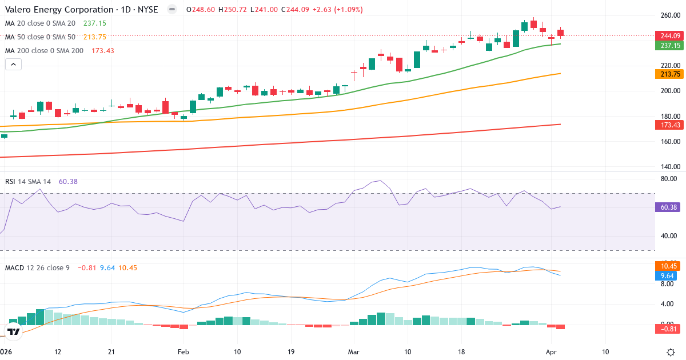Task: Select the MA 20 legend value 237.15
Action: [95, 23]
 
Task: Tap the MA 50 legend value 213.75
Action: [95, 37]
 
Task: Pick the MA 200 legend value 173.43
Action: [102, 50]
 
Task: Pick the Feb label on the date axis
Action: [183, 351]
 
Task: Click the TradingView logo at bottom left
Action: [14, 331]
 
